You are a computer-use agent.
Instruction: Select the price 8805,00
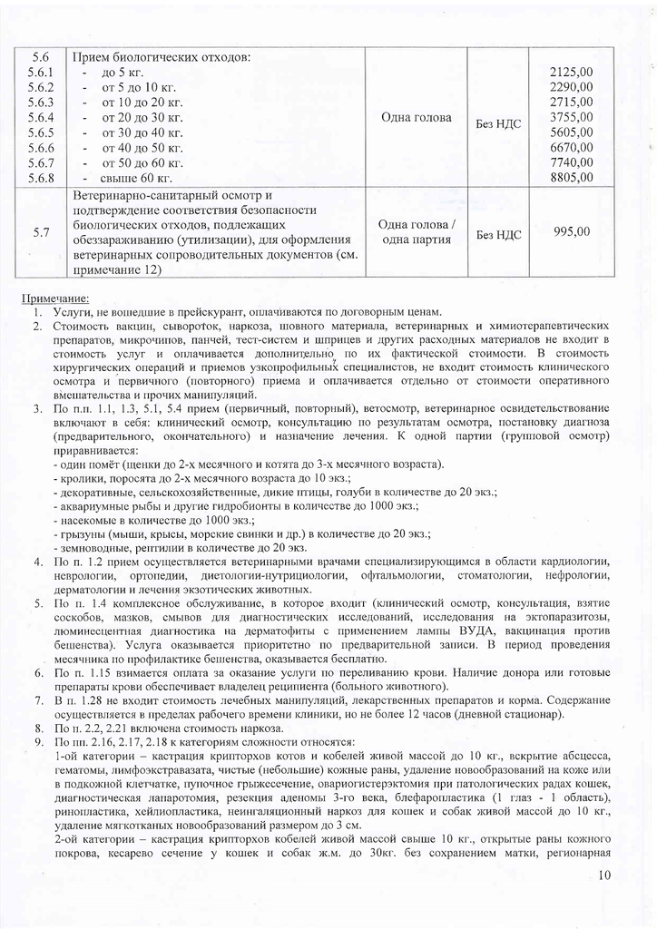(x=571, y=177)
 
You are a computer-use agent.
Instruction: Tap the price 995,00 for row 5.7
(x=571, y=232)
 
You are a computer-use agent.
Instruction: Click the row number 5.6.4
(x=41, y=118)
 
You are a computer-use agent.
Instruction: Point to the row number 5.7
(x=41, y=233)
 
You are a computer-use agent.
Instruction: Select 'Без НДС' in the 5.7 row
(x=498, y=234)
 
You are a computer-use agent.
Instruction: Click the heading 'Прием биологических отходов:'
(x=161, y=57)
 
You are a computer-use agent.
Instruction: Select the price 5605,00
(x=571, y=132)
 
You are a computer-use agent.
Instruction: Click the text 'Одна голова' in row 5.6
(x=417, y=117)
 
